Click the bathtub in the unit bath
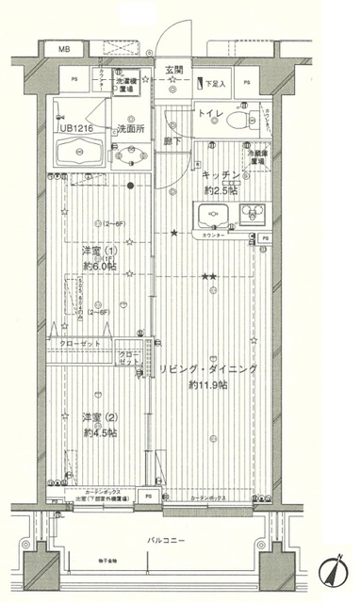[x=80, y=151]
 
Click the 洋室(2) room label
[x=99, y=416]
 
